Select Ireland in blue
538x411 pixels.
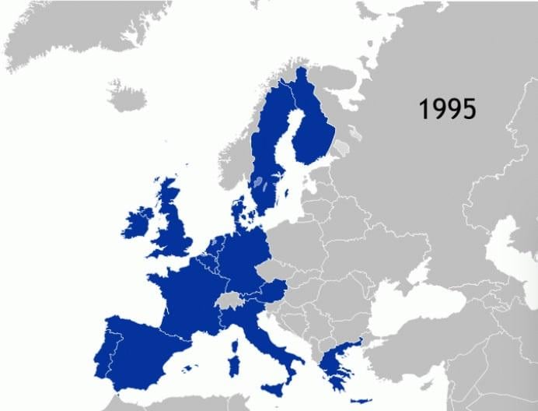click(138, 223)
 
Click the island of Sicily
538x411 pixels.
click(276, 389)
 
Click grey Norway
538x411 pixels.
click(233, 156)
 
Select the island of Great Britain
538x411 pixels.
click(177, 226)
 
